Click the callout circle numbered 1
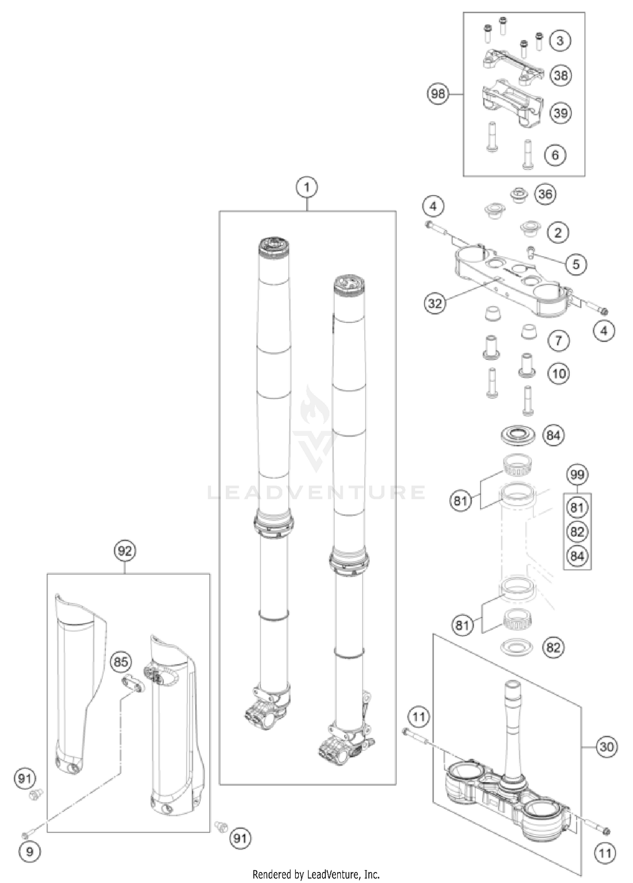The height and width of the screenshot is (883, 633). [307, 186]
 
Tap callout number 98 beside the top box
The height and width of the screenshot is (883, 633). [438, 93]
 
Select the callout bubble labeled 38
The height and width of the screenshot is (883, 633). [561, 76]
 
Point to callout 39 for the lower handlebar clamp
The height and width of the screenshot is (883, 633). [561, 113]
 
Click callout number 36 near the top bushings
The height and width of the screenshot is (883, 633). [545, 194]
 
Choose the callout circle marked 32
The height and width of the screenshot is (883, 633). [435, 303]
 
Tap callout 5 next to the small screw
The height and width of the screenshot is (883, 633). [576, 264]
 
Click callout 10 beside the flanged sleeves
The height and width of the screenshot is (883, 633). [559, 373]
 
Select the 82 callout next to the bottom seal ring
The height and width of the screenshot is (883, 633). [553, 647]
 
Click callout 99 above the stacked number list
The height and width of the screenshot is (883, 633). [577, 475]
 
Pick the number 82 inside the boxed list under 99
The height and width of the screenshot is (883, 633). [577, 532]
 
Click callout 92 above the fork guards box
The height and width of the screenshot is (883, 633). [125, 551]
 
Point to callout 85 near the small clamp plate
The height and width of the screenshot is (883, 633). [121, 662]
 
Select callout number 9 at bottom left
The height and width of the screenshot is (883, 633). [29, 851]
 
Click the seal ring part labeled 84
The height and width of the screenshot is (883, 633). [518, 435]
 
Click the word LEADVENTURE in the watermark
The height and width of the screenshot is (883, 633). [316, 492]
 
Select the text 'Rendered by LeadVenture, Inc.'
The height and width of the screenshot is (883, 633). [316, 874]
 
